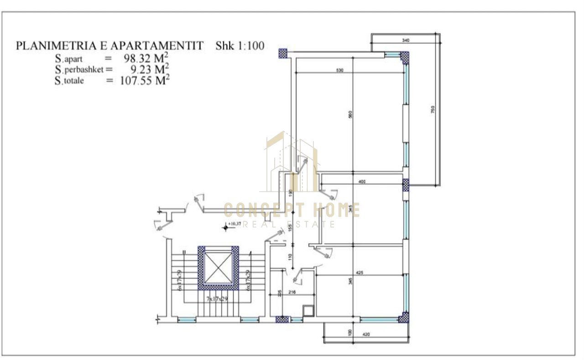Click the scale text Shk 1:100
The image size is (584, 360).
point(240,46)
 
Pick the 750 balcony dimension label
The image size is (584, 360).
point(433,110)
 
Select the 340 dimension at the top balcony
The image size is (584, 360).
point(406,41)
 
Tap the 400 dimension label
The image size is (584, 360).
point(362,182)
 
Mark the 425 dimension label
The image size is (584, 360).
point(359,273)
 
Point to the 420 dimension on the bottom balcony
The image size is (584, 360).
point(365,334)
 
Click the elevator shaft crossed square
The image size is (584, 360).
point(218,268)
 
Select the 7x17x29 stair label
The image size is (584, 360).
point(217,298)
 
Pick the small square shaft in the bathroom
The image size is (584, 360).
point(309,311)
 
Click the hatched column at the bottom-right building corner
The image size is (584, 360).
point(403,318)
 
